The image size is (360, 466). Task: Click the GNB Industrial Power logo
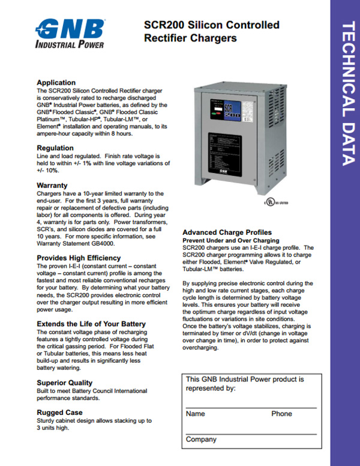coord(70,33)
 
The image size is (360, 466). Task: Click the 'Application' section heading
coord(56,83)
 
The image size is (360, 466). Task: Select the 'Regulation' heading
coord(55,148)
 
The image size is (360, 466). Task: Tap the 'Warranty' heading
coord(52,186)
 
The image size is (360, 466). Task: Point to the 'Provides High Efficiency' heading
coord(79,258)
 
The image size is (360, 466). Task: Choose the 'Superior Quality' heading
coord(65,383)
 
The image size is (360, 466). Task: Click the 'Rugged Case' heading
coord(59,412)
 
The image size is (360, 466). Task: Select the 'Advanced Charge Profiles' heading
coord(227,232)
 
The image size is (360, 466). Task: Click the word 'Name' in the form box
coord(196,414)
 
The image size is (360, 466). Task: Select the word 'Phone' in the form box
coord(281,414)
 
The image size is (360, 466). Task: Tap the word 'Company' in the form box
coord(201,440)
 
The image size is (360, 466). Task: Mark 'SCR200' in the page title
coord(164,25)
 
